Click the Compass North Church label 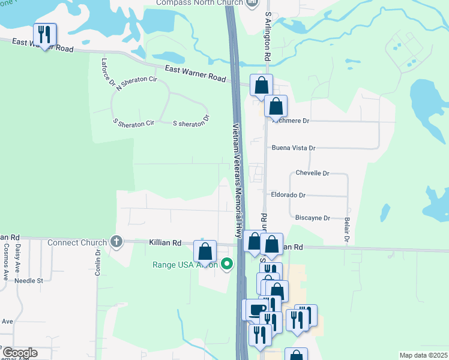197,3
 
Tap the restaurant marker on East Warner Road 44,35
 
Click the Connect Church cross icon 116,242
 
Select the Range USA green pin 227,263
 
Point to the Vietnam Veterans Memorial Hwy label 237,180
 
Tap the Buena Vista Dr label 294,148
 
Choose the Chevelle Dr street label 313,173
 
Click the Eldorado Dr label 289,195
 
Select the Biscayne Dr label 310,218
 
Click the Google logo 20,353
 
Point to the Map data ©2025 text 424,355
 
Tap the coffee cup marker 256,310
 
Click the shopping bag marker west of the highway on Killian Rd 205,251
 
